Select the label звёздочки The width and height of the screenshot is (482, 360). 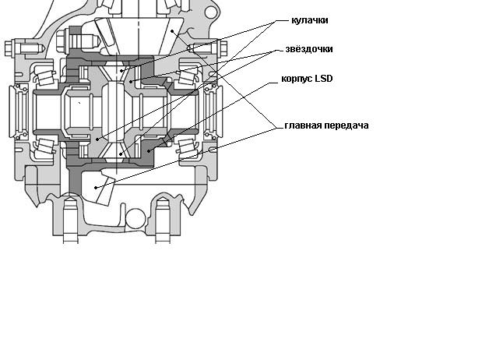point(310,49)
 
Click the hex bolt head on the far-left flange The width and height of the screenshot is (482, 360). point(11,47)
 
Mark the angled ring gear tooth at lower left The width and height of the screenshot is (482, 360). point(99,188)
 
